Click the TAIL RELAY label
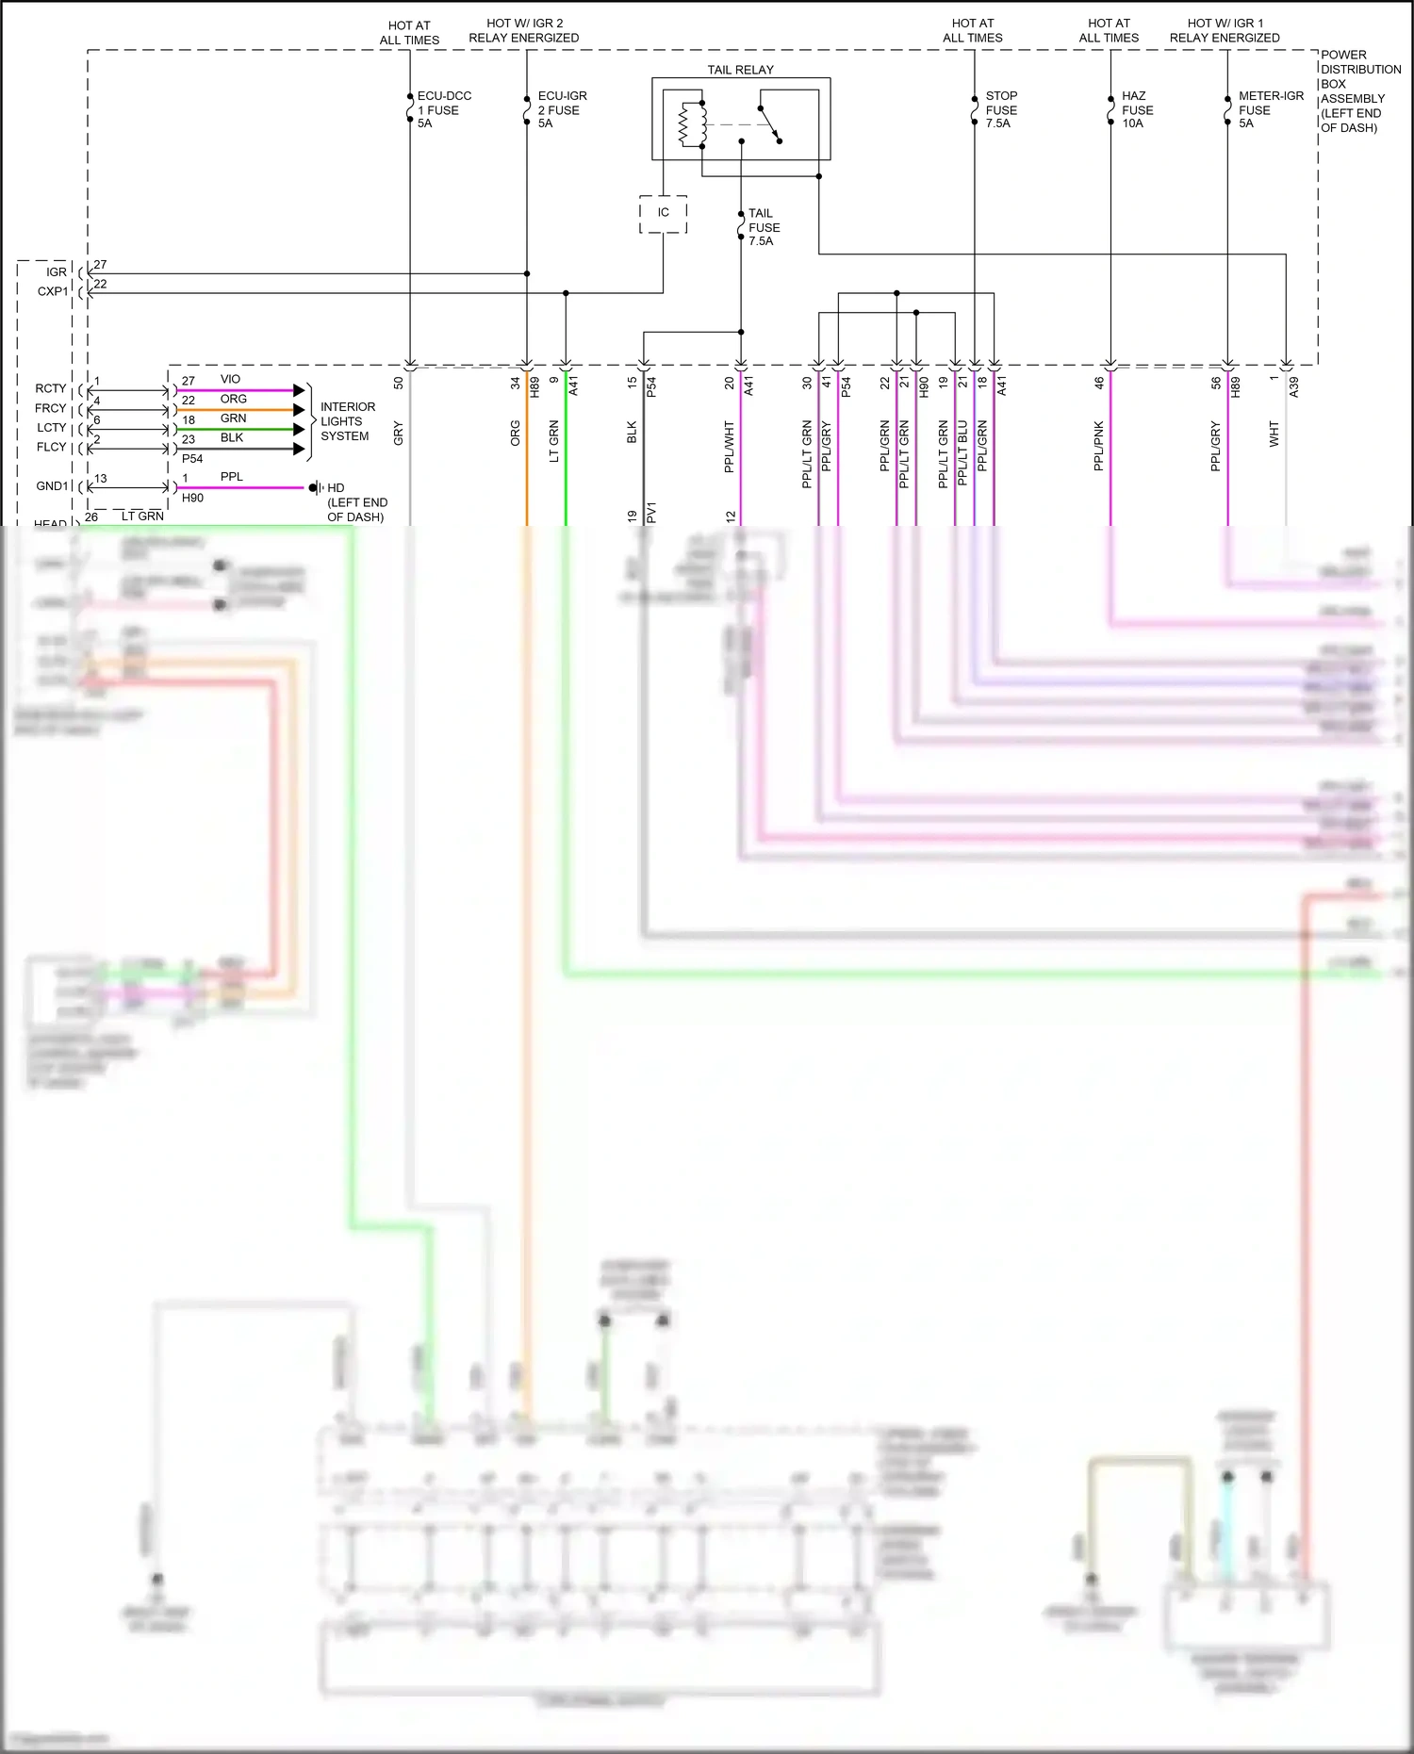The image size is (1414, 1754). tap(740, 70)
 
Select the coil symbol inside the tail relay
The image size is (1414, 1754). tap(693, 124)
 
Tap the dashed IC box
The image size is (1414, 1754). tap(663, 213)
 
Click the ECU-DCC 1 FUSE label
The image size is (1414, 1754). tap(443, 109)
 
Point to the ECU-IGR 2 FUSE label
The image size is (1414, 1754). tap(562, 109)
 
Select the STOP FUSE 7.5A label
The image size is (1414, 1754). tap(1000, 109)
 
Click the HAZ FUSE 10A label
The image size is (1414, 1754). tap(1136, 109)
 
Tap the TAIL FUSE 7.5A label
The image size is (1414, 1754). tap(763, 227)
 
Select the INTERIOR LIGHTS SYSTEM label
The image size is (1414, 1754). tap(347, 421)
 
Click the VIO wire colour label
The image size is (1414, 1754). tap(230, 379)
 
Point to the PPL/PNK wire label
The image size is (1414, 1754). tap(1098, 446)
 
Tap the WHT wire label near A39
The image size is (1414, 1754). tap(1274, 434)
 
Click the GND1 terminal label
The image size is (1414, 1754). tap(52, 486)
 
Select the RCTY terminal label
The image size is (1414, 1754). tap(51, 388)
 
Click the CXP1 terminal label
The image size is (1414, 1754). tap(53, 291)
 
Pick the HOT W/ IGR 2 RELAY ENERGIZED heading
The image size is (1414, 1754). tap(524, 30)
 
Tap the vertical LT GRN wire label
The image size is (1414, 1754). tap(554, 440)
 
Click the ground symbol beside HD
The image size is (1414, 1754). tap(317, 487)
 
